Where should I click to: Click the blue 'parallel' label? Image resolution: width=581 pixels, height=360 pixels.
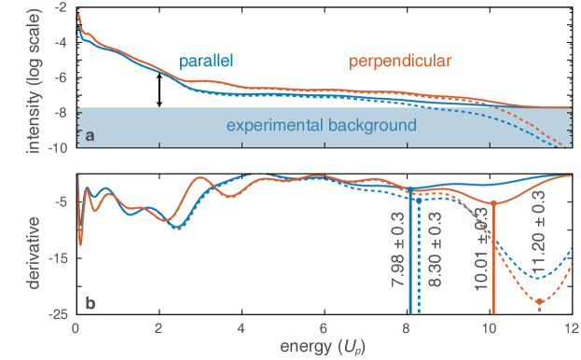pyautogui.click(x=206, y=62)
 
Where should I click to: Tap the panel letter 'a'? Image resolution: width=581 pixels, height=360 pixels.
pyautogui.click(x=90, y=136)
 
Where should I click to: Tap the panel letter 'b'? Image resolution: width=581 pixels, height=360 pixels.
pyautogui.click(x=90, y=302)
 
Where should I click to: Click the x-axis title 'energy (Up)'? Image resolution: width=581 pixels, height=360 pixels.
pyautogui.click(x=323, y=346)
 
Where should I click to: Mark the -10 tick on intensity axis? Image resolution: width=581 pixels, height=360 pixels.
pyautogui.click(x=57, y=148)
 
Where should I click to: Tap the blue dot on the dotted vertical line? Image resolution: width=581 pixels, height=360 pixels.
pyautogui.click(x=417, y=200)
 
